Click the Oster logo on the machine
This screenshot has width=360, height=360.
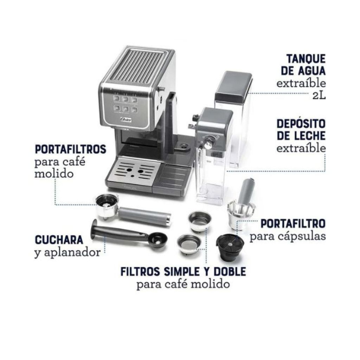click(x=126, y=120)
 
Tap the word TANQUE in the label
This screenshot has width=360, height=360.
click(x=306, y=59)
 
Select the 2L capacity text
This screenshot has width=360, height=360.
click(x=319, y=95)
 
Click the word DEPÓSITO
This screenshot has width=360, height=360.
click(x=301, y=124)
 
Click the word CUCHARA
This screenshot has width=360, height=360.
click(x=59, y=240)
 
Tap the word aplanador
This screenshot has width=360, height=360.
click(x=72, y=253)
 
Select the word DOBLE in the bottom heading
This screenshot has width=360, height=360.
click(x=230, y=272)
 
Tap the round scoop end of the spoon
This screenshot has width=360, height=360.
click(x=157, y=240)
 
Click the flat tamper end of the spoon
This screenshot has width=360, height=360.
click(x=94, y=229)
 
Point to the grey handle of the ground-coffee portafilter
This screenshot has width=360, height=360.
click(x=144, y=216)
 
